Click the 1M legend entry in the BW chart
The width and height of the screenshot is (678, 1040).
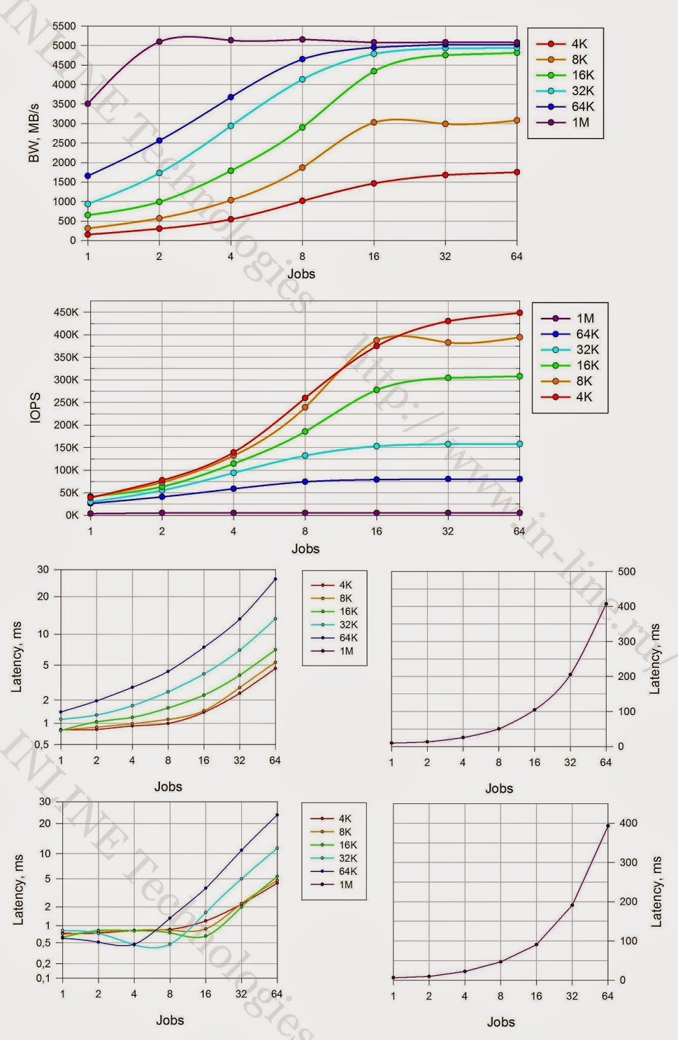click(x=580, y=122)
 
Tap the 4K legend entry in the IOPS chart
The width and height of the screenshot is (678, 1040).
click(x=584, y=396)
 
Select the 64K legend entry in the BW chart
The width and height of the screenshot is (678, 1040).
click(x=582, y=107)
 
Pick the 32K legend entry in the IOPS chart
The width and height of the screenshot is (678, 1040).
click(x=587, y=350)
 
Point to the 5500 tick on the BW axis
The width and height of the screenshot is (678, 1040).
click(x=64, y=26)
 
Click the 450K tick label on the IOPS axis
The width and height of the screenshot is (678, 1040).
click(x=66, y=313)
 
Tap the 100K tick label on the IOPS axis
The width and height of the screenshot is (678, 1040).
click(x=66, y=470)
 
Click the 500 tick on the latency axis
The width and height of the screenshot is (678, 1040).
click(x=627, y=572)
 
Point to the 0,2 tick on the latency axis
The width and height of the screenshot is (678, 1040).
click(x=43, y=964)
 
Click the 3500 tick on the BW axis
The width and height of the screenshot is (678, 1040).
click(x=64, y=104)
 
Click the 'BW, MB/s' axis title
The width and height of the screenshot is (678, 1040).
click(x=34, y=133)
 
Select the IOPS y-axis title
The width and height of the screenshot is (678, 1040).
click(x=35, y=408)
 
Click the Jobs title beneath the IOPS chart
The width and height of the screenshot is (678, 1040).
click(x=305, y=549)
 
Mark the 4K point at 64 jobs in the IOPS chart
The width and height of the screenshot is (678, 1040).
click(x=519, y=313)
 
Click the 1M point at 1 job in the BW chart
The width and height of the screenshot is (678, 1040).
click(x=88, y=104)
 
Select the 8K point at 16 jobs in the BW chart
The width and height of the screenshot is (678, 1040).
click(x=374, y=122)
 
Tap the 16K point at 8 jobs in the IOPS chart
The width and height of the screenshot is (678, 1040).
click(x=305, y=432)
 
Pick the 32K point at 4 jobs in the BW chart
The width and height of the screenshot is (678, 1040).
click(x=231, y=125)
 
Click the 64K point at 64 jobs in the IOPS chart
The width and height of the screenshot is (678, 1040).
click(x=519, y=479)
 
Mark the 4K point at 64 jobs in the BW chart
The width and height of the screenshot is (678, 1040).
click(x=517, y=172)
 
